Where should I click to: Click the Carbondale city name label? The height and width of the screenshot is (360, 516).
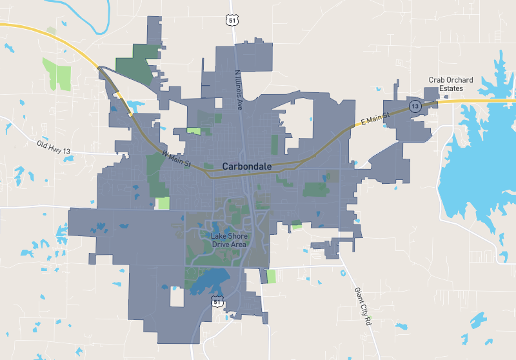click(x=246, y=166)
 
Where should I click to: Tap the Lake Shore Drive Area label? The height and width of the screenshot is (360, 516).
click(x=229, y=240)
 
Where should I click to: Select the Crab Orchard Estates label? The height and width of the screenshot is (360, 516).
click(x=451, y=84)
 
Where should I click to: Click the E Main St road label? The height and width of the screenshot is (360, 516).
click(x=376, y=118)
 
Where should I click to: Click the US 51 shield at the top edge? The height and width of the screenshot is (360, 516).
click(x=232, y=20)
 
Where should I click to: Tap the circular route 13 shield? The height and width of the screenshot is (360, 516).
click(x=414, y=105)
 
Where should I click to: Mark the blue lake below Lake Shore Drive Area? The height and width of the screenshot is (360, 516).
click(x=208, y=281)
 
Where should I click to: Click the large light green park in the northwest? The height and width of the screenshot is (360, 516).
click(x=57, y=74)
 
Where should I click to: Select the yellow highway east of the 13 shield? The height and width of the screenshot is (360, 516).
click(x=477, y=101)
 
